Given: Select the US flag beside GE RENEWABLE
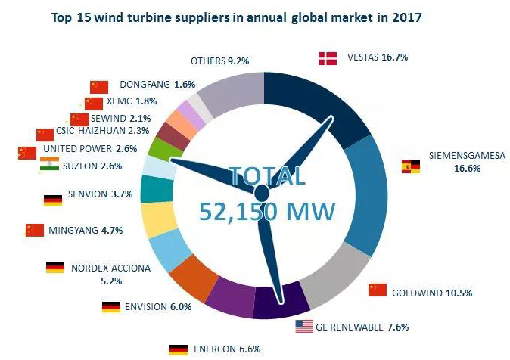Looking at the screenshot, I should pyautogui.click(x=303, y=327).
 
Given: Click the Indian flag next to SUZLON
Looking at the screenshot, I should pyautogui.click(x=48, y=166).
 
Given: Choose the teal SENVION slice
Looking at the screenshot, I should pyautogui.click(x=156, y=189).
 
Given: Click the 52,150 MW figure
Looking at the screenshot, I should pyautogui.click(x=268, y=211).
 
